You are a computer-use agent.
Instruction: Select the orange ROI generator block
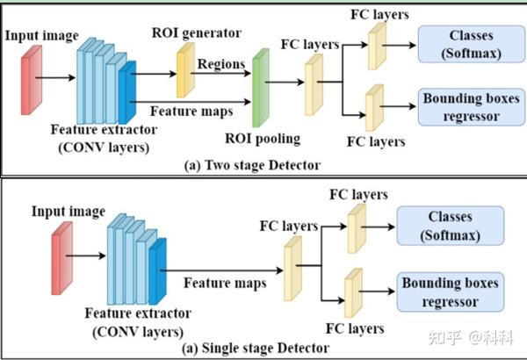[x=184, y=70]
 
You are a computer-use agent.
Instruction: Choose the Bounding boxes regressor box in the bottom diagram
[x=450, y=292]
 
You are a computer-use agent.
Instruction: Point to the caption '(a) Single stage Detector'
[x=255, y=349]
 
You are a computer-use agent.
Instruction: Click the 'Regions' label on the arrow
[x=220, y=63]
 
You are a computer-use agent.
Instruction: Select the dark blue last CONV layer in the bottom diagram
[x=158, y=272]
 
